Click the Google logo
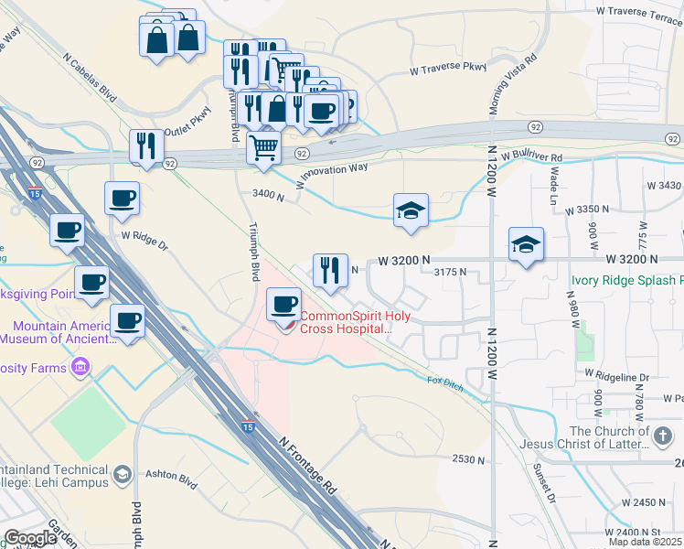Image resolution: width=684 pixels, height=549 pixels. tap(30, 538)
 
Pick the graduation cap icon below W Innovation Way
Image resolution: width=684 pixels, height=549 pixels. tap(411, 210)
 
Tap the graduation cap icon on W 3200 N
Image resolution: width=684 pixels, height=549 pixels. tap(526, 244)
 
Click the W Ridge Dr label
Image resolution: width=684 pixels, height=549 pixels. tap(145, 240)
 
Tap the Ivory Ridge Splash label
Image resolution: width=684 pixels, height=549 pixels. tap(626, 281)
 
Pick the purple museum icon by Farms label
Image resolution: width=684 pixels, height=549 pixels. tap(80, 368)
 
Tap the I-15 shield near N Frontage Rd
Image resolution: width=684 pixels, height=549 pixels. tap(248, 426)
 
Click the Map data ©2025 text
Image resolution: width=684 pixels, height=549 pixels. tap(646, 542)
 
